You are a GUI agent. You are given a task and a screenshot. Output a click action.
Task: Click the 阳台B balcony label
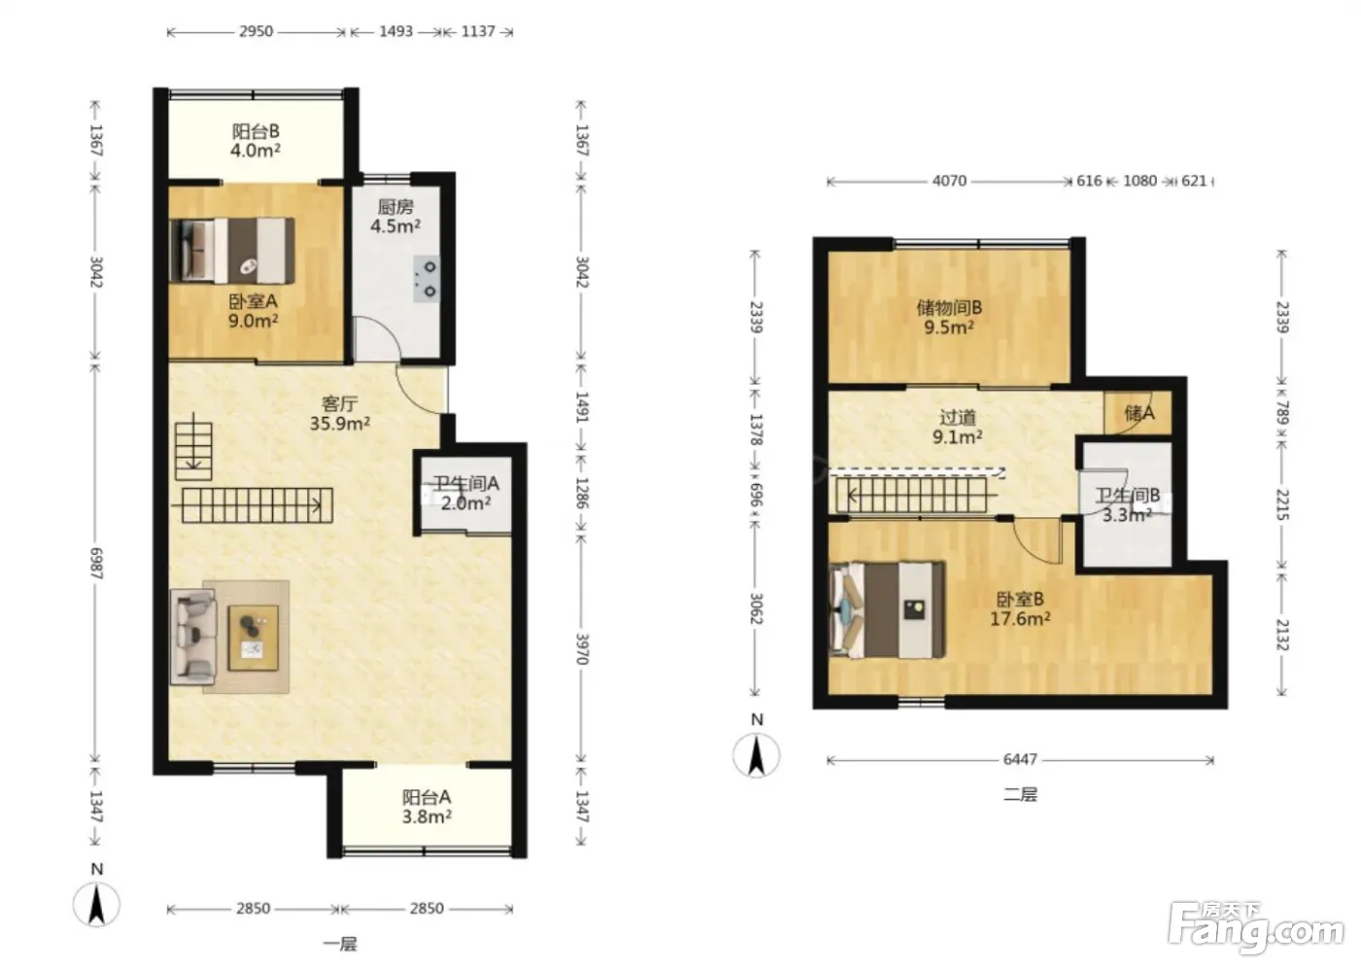click(x=255, y=141)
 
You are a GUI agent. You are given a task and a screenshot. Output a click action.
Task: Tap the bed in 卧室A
click(x=232, y=251)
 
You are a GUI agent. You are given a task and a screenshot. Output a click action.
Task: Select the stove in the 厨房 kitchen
click(x=427, y=279)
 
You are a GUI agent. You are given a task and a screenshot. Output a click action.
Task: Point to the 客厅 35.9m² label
click(x=339, y=414)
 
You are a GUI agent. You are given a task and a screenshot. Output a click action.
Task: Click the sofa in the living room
click(x=193, y=636)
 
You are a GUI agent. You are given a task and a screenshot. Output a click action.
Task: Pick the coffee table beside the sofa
click(x=254, y=638)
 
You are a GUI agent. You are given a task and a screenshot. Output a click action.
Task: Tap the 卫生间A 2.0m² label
click(x=466, y=493)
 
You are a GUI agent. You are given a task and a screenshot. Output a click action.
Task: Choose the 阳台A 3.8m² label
click(x=427, y=807)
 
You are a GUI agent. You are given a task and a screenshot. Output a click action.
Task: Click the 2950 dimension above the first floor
click(x=256, y=31)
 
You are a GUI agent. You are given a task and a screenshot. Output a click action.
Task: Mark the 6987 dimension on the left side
click(x=96, y=564)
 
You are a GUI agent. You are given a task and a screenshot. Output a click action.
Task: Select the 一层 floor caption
click(x=340, y=945)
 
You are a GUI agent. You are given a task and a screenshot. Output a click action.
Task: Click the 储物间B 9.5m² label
click(x=949, y=318)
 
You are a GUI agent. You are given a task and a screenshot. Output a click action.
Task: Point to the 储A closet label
click(x=1139, y=414)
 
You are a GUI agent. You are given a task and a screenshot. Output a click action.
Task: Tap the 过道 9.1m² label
click(x=958, y=427)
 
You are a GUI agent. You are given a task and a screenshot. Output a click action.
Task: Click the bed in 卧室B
click(x=887, y=609)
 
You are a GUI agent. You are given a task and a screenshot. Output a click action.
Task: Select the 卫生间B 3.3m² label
click(x=1127, y=505)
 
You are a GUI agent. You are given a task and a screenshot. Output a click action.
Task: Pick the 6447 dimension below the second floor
click(x=1020, y=759)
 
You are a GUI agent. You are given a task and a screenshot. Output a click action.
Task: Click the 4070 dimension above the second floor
click(x=949, y=181)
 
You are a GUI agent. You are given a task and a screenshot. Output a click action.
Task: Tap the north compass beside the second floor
click(x=756, y=755)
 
